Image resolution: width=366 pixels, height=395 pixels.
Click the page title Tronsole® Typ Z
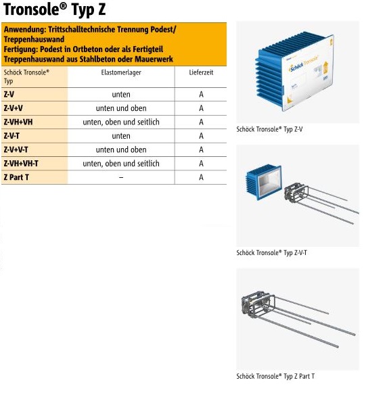click(x=54, y=10)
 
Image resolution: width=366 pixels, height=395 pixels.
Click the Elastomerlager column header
click(x=121, y=72)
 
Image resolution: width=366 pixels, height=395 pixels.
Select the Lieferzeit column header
click(x=201, y=72)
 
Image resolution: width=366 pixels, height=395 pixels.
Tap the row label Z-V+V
click(x=13, y=108)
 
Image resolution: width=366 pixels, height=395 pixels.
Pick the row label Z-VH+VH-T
click(x=21, y=164)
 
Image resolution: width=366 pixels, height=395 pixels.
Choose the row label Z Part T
click(x=16, y=177)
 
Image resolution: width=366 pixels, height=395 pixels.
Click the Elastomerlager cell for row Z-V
click(x=121, y=95)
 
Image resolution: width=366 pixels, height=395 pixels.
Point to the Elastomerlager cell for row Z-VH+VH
click(x=121, y=122)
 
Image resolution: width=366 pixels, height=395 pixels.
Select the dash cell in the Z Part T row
click(x=121, y=177)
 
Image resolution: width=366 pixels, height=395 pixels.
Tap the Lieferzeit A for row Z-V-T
click(x=201, y=136)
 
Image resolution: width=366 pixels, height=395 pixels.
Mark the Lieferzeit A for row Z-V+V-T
click(x=201, y=150)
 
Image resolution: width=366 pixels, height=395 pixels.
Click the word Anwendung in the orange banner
click(x=25, y=30)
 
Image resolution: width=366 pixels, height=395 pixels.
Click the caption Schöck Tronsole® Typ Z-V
click(x=269, y=129)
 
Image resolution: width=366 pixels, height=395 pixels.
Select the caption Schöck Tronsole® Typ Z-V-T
click(x=271, y=253)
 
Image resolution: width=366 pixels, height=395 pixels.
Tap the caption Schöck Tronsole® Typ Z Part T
click(x=275, y=376)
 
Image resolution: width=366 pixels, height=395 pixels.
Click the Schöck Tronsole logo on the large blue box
click(x=304, y=64)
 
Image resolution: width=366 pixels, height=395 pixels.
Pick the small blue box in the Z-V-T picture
click(x=263, y=182)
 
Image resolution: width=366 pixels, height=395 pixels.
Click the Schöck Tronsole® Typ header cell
click(x=26, y=77)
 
